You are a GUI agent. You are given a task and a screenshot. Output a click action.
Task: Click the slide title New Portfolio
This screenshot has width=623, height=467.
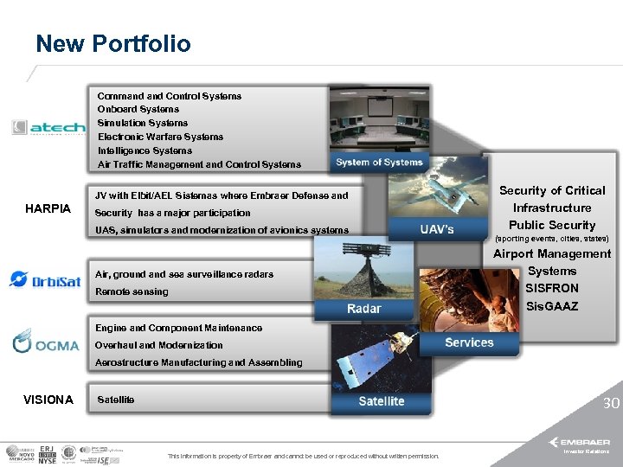point(112,43)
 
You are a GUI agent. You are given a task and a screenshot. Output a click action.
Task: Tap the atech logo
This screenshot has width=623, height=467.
point(48,127)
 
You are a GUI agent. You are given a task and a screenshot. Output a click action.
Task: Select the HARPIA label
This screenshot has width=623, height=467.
point(48,209)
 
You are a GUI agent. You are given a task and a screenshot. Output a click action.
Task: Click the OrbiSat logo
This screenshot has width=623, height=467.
point(44,280)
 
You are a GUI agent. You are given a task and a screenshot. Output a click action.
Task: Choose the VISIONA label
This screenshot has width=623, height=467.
point(48,400)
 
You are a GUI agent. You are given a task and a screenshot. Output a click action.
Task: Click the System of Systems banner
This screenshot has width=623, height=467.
point(379,162)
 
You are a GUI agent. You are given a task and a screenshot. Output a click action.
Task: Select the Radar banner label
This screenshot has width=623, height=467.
point(363,309)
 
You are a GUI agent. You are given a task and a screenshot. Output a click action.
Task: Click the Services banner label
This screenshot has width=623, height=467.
point(469,342)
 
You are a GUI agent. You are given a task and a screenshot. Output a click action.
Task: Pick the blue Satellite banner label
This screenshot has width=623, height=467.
point(381,400)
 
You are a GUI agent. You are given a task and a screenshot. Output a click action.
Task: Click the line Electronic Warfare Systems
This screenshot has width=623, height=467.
point(160,137)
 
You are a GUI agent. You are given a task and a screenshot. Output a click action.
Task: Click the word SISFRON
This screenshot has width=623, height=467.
point(551,288)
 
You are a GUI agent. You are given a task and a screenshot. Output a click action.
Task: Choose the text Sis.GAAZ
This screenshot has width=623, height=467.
point(551,306)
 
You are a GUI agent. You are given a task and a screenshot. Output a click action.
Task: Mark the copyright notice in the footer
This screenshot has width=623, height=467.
point(303,456)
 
